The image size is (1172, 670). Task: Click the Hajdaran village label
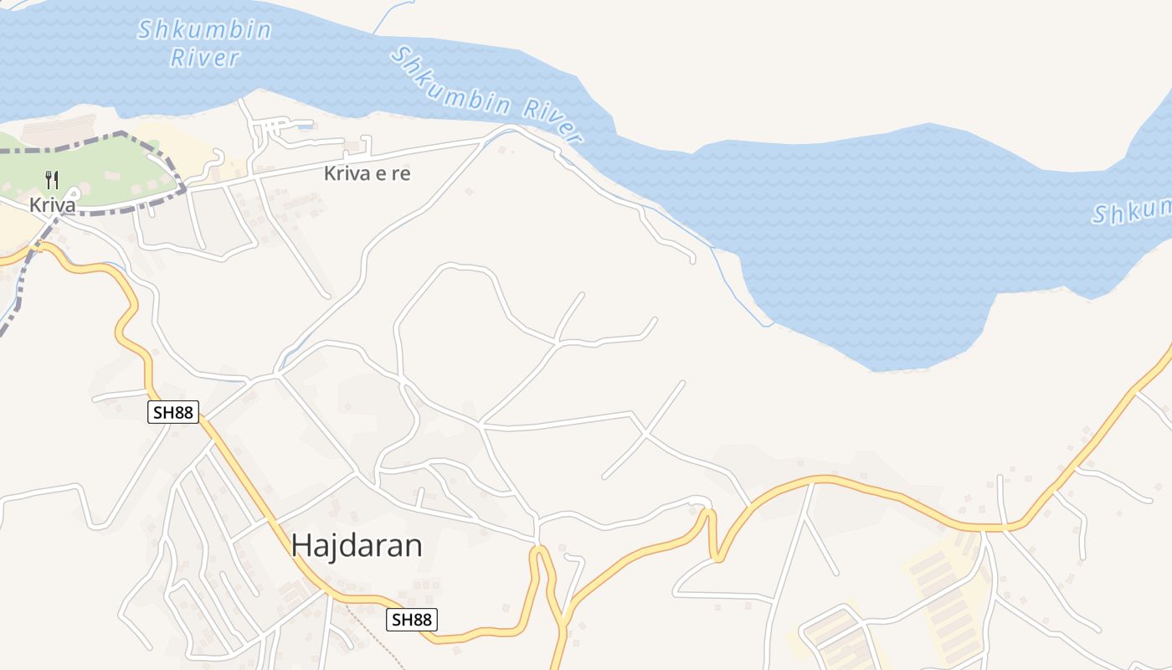click(357, 546)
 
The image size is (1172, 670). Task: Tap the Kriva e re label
click(368, 174)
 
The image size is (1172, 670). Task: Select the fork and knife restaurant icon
click(52, 180)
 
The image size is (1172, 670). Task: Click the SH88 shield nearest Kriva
click(173, 412)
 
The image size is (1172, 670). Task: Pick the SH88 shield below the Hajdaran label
click(412, 620)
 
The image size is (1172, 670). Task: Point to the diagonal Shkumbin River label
click(486, 94)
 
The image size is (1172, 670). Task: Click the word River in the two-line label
click(204, 58)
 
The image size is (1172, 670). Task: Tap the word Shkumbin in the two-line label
click(204, 30)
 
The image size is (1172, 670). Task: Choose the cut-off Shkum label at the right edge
click(1132, 211)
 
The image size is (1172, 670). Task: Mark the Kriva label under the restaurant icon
click(52, 205)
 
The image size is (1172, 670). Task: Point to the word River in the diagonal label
click(553, 122)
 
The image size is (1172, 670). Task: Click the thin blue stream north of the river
click(393, 15)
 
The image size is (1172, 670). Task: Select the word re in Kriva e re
click(400, 174)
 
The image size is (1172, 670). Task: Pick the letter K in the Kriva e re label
click(330, 174)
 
